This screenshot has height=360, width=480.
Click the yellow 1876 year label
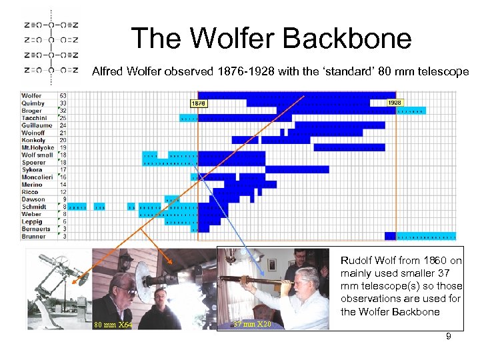199,103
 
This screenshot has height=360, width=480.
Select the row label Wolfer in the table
32,96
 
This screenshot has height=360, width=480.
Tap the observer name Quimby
33,103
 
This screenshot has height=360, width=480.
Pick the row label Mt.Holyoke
37,147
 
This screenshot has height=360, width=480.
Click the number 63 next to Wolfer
63,96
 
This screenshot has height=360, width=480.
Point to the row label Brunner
34,236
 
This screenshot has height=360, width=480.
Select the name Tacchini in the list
35,118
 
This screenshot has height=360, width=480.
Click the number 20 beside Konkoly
63,140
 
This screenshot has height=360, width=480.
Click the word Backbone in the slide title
345,39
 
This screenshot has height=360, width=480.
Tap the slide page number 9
448,337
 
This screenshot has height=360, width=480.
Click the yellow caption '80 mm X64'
113,325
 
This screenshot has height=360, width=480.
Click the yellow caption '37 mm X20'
252,324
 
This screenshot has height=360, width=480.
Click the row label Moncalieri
38,177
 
